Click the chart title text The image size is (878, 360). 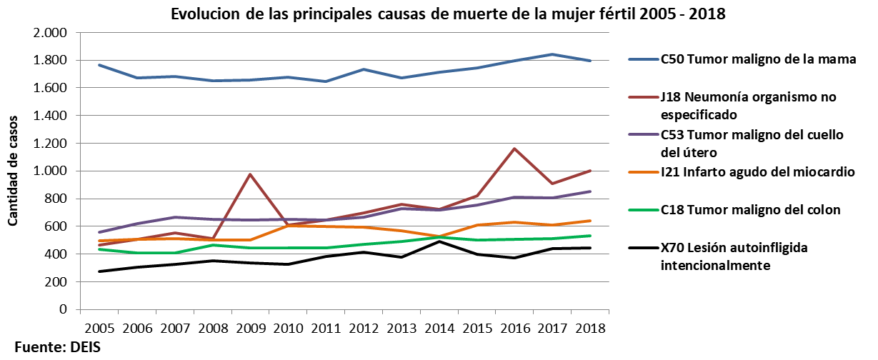click(x=448, y=14)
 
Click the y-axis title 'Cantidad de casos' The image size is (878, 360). click(x=14, y=171)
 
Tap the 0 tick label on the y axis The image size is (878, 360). click(x=63, y=310)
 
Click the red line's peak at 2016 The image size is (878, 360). click(x=514, y=149)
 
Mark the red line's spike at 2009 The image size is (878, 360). click(x=250, y=174)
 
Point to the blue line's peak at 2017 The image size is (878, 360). click(x=552, y=54)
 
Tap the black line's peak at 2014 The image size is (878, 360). click(x=439, y=241)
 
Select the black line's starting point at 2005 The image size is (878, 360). click(x=99, y=271)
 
